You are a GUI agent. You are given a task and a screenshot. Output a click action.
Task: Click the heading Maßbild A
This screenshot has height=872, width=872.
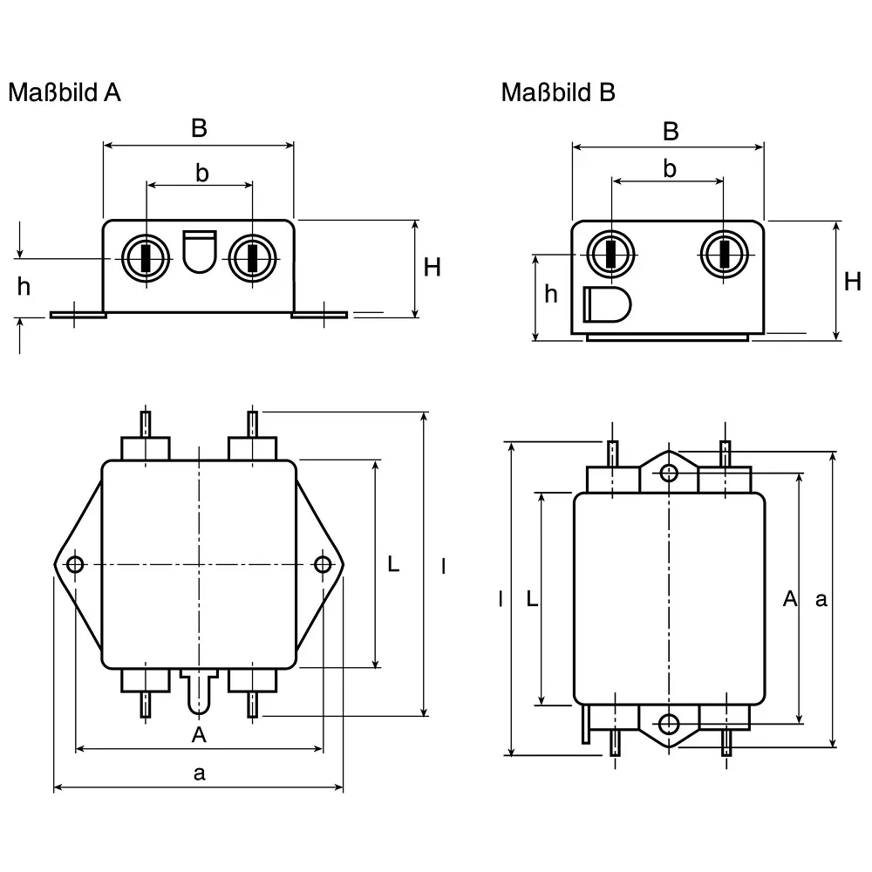pyautogui.click(x=65, y=92)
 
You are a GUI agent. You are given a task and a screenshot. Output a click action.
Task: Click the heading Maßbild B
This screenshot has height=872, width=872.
pyautogui.click(x=558, y=92)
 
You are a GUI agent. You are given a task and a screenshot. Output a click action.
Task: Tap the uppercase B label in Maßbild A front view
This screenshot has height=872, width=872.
pyautogui.click(x=199, y=128)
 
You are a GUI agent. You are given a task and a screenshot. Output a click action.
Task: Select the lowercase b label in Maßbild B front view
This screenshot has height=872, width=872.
pyautogui.click(x=669, y=168)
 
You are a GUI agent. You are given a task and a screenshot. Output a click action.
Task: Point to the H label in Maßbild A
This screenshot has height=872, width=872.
pyautogui.click(x=433, y=268)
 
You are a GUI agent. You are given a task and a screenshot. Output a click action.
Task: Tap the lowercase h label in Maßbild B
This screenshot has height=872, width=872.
pyautogui.click(x=550, y=295)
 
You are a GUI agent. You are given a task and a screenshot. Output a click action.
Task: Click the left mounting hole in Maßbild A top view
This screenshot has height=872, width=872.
pyautogui.click(x=75, y=565)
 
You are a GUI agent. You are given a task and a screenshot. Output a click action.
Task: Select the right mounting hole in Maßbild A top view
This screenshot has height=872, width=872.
pyautogui.click(x=323, y=565)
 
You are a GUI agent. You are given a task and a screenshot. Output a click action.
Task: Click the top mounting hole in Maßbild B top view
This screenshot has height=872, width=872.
pyautogui.click(x=669, y=473)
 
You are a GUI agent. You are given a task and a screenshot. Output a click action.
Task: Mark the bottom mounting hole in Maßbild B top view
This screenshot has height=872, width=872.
pyautogui.click(x=669, y=724)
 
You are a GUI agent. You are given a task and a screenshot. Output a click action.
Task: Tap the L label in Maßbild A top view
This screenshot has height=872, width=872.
pyautogui.click(x=393, y=564)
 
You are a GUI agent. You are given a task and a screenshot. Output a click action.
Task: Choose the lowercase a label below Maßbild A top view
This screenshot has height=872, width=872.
pyautogui.click(x=199, y=773)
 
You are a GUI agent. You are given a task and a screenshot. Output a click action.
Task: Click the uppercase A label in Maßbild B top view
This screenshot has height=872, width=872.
pyautogui.click(x=789, y=598)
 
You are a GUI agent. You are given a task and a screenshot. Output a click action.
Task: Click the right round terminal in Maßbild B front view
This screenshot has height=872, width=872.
pyautogui.click(x=724, y=254)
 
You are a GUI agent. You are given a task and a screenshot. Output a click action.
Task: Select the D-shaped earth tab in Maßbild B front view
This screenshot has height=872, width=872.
pyautogui.click(x=606, y=304)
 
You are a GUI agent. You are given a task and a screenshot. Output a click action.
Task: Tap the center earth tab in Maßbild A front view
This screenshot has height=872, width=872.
pyautogui.click(x=200, y=250)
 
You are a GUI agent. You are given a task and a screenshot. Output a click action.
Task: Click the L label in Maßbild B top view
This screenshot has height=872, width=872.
pyautogui.click(x=533, y=598)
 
